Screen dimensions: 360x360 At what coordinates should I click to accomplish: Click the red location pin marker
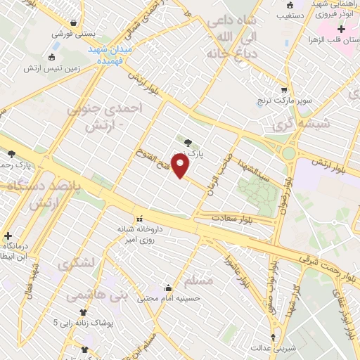[181, 166]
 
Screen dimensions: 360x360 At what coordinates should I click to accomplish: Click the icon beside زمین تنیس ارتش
[53, 57]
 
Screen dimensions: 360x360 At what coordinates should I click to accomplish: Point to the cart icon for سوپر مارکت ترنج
[284, 90]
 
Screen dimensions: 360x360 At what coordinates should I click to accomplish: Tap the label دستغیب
[290, 13]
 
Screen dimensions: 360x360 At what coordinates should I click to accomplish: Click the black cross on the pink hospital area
[341, 29]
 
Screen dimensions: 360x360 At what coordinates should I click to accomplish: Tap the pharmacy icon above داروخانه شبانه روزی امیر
[139, 218]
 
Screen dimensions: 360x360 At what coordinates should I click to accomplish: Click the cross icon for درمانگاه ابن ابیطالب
[8, 236]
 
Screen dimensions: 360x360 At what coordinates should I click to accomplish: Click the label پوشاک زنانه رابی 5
[78, 323]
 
